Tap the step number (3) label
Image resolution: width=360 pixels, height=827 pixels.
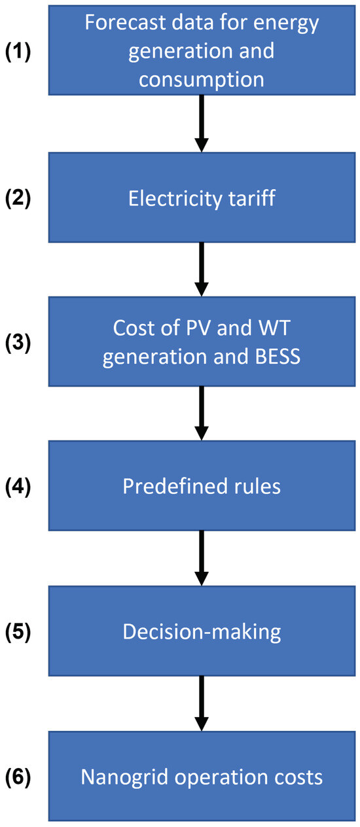pyautogui.click(x=18, y=342)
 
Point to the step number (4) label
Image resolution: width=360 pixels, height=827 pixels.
pyautogui.click(x=18, y=486)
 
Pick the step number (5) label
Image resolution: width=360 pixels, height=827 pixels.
pyautogui.click(x=18, y=631)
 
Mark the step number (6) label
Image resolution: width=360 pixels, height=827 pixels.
pyautogui.click(x=18, y=777)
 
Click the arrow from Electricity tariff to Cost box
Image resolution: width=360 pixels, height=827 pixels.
pyautogui.click(x=202, y=269)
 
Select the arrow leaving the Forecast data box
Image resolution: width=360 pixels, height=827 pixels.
pyautogui.click(x=202, y=123)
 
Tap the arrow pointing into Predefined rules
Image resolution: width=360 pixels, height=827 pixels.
pyautogui.click(x=202, y=413)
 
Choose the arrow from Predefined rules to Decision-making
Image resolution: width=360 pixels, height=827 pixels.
pyautogui.click(x=202, y=558)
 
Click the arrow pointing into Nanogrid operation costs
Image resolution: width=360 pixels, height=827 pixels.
pyautogui.click(x=202, y=703)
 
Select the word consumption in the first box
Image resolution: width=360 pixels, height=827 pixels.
pyautogui.click(x=202, y=80)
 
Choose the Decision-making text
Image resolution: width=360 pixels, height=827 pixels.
pyautogui.click(x=202, y=632)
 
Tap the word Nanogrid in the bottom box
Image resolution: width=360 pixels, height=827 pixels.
pyautogui.click(x=125, y=777)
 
